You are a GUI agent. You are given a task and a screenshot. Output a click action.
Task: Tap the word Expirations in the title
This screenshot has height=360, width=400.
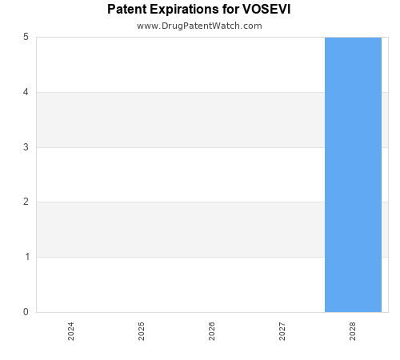coord(185,10)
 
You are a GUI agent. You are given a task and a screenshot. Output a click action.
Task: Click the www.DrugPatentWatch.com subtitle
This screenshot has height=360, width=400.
coord(199,26)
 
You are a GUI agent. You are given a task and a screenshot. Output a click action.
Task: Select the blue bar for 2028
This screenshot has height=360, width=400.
coord(353,174)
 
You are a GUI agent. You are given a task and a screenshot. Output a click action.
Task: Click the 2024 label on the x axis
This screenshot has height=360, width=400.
coord(71,331)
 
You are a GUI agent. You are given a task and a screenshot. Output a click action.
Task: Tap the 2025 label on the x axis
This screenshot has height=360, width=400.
coord(142,331)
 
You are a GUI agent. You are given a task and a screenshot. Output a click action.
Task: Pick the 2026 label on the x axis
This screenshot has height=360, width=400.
coord(212,331)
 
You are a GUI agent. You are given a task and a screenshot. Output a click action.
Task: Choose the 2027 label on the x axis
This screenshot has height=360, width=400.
coord(282,331)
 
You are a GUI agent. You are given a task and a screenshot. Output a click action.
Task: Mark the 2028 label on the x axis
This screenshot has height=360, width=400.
coord(353,331)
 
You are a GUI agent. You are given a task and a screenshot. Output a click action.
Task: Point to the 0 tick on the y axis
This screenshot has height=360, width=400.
coord(26,312)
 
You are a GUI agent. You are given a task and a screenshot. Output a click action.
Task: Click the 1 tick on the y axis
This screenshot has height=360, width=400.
coord(26,257)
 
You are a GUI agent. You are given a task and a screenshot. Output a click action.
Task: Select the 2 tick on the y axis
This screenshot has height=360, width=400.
coord(26,202)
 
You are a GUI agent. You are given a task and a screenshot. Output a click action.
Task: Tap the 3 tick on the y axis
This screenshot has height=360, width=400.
coord(26,147)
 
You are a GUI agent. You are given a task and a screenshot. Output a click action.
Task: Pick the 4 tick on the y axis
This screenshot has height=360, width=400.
coord(26,92)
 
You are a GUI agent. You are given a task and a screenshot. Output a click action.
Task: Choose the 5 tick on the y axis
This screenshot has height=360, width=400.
coord(26,37)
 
